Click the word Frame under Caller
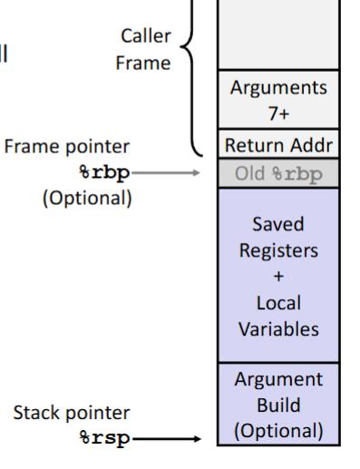tap(142, 63)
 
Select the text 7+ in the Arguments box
tap(278, 114)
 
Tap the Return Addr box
tap(278, 144)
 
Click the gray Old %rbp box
tap(278, 173)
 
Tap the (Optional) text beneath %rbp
tap(87, 198)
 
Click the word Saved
tap(278, 224)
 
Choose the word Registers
tap(278, 250)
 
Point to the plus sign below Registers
tap(278, 277)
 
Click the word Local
tap(278, 302)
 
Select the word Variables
tap(278, 328)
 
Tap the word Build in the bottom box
tap(278, 405)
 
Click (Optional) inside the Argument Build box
tap(278, 430)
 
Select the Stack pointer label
tap(71, 414)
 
